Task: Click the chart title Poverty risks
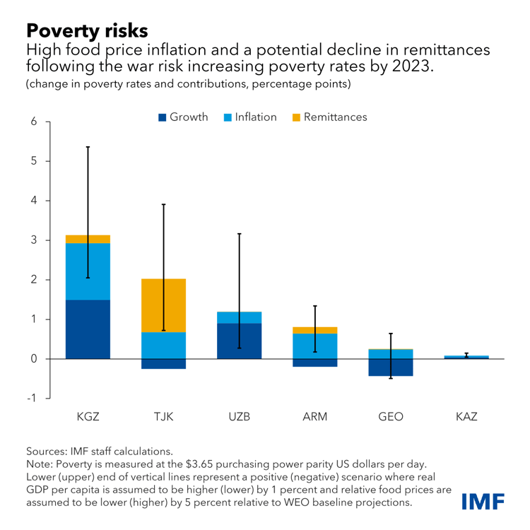pos(87,30)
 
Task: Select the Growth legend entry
pos(183,117)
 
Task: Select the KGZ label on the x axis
pos(88,417)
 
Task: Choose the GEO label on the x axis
pos(390,417)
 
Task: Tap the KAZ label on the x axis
pos(466,417)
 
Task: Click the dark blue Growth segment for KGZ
pos(88,329)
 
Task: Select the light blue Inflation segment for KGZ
pos(88,271)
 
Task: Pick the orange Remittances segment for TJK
pos(163,305)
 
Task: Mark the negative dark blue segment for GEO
pos(390,367)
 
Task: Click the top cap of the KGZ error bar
pos(88,147)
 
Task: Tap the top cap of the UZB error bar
pos(239,233)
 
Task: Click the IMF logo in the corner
pos(483,502)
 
